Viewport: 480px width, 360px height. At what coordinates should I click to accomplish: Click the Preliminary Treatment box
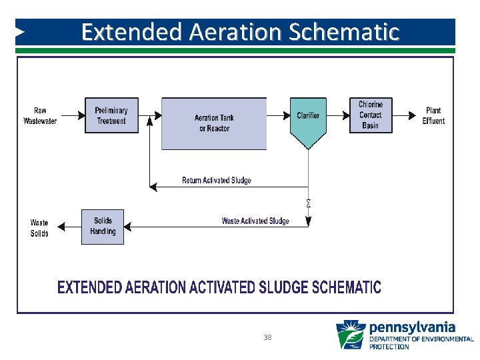[111, 115]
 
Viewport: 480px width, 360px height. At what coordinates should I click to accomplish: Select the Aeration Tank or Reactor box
[214, 123]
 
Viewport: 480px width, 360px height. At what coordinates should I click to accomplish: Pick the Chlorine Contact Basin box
[371, 115]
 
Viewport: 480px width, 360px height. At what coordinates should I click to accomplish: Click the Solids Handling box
[103, 227]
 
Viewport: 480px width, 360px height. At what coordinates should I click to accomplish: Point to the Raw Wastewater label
[40, 115]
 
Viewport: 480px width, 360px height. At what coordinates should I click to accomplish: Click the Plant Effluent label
[433, 115]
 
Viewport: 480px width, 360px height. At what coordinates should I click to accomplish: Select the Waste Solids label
[39, 228]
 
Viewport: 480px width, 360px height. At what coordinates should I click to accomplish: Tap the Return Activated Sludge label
[217, 181]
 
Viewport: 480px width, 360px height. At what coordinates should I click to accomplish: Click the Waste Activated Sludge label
[255, 221]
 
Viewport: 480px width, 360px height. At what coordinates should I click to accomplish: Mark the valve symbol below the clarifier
[308, 203]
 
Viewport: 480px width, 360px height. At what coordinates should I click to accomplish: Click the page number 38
[267, 337]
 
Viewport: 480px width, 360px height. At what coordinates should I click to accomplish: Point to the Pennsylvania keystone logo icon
[351, 335]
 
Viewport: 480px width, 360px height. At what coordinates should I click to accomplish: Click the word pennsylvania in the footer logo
[412, 327]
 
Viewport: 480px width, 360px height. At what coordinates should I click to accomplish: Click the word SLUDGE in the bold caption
[282, 287]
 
